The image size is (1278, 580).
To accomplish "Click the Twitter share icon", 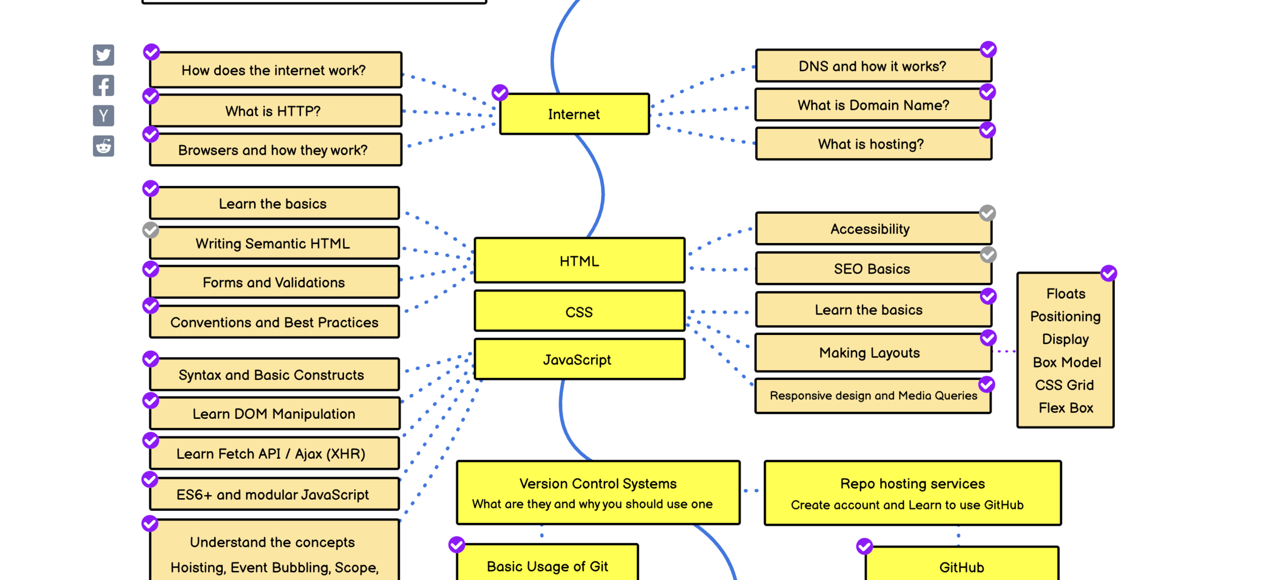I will [x=103, y=55].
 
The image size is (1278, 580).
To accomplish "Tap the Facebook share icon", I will [x=103, y=85].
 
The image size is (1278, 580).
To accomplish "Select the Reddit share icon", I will [x=103, y=146].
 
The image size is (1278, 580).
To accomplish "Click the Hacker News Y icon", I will [x=103, y=116].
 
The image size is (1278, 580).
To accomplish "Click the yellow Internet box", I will [x=574, y=114].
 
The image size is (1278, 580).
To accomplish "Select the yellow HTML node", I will [x=579, y=260].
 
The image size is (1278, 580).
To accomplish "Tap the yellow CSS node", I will [x=579, y=311].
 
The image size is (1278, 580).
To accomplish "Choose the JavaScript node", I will [x=579, y=359].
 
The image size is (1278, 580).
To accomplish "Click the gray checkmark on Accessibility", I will [x=987, y=213].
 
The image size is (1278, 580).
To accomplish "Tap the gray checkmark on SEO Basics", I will [x=988, y=254].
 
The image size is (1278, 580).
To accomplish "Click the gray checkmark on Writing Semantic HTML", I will [x=150, y=230].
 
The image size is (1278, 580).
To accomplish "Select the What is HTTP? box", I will [x=276, y=110].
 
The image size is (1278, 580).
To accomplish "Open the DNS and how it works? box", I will [x=873, y=66].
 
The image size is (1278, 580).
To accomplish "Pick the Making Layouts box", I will [x=873, y=352].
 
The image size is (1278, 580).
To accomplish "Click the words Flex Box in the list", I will [x=1066, y=408].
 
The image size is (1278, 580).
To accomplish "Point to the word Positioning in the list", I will [x=1065, y=316].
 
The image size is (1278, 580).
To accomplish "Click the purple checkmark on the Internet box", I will [x=499, y=93].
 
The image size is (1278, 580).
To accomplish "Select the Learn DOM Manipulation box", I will [x=275, y=413].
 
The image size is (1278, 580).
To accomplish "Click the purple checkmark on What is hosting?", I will [x=987, y=130].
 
